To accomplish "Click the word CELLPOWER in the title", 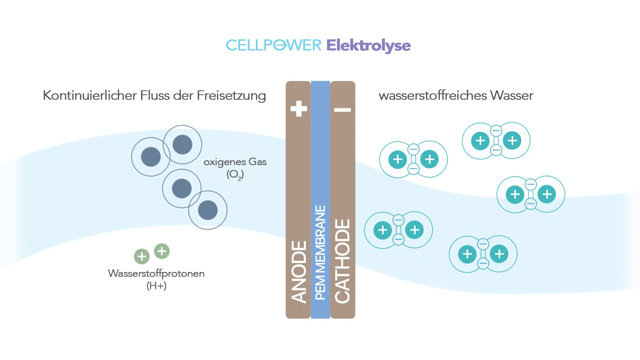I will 274,45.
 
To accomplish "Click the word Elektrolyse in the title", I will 368,45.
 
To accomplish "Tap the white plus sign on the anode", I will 299,109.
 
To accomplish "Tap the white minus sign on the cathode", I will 343,110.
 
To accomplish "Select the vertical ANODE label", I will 299,272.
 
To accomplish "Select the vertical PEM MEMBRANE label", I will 320,253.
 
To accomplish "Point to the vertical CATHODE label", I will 343,261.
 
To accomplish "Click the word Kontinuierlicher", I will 90,95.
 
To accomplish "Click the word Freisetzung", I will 231,95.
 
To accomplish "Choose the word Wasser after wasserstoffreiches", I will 512,95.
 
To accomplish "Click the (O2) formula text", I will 235,174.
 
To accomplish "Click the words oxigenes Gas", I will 235,162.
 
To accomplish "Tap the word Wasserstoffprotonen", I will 156,273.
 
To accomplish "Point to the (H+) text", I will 156,286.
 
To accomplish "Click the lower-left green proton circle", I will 142,256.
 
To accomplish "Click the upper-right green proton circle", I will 162,251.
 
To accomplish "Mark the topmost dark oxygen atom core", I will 182,144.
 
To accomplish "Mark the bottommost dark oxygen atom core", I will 208,210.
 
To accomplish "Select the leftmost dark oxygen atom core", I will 151,157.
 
